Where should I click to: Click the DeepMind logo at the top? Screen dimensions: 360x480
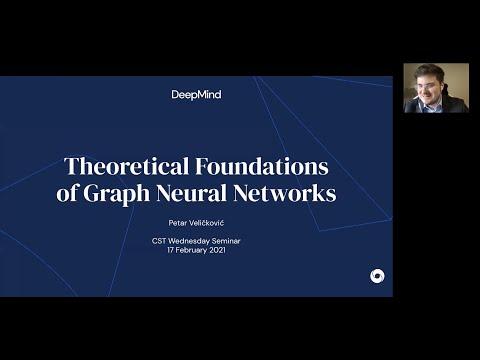196,94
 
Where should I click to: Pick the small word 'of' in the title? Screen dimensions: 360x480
68,193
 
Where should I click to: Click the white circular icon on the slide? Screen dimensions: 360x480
376,276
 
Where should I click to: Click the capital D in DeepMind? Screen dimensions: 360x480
176,94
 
